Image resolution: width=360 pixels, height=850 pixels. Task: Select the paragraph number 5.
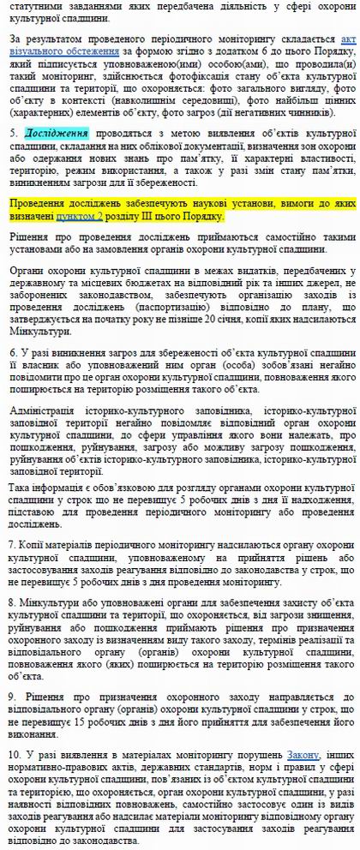(x=13, y=135)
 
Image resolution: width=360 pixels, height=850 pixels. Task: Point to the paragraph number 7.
(x=13, y=545)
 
